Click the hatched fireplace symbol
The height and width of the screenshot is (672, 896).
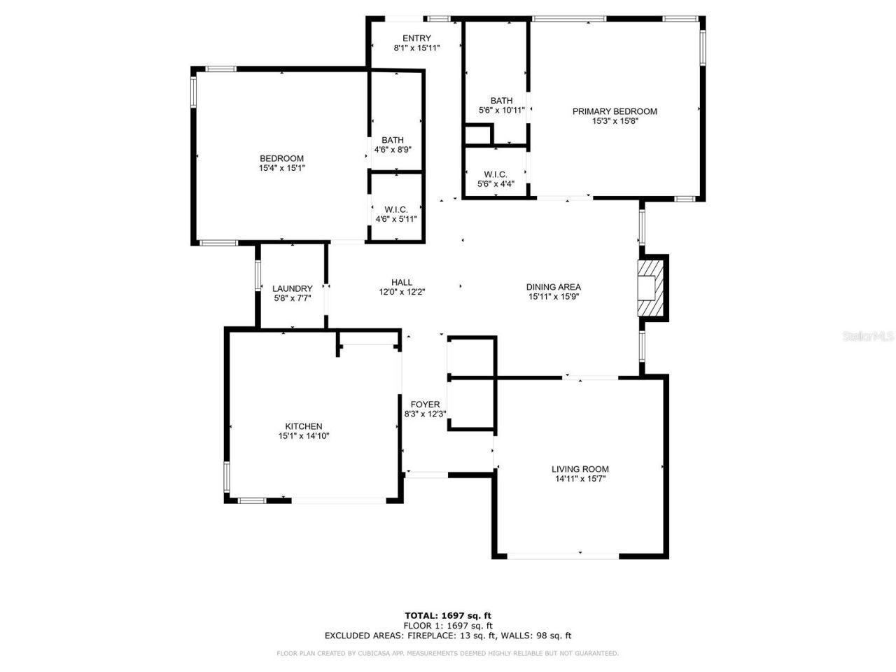pyautogui.click(x=650, y=288)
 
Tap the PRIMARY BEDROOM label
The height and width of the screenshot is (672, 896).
pyautogui.click(x=615, y=111)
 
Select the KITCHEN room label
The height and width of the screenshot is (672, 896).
pyautogui.click(x=303, y=426)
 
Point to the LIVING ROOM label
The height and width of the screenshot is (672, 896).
pyautogui.click(x=580, y=469)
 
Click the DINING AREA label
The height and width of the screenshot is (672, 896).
pyautogui.click(x=553, y=286)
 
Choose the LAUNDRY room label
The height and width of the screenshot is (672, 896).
pyautogui.click(x=292, y=288)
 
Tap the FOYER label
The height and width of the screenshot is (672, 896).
pyautogui.click(x=425, y=405)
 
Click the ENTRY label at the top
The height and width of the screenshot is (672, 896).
pyautogui.click(x=416, y=38)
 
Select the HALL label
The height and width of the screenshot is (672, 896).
pyautogui.click(x=402, y=282)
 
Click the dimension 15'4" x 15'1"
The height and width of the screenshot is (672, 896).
pyautogui.click(x=281, y=168)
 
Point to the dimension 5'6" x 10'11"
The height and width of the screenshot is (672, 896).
pyautogui.click(x=501, y=110)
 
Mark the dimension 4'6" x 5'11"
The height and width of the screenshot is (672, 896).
pyautogui.click(x=396, y=219)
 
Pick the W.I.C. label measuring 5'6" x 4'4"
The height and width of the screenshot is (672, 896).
pyautogui.click(x=496, y=174)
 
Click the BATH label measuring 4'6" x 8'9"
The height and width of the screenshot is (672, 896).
pyautogui.click(x=393, y=140)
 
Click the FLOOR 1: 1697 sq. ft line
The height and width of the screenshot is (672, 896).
pyautogui.click(x=448, y=626)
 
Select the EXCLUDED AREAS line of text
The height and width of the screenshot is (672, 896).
pyautogui.click(x=448, y=636)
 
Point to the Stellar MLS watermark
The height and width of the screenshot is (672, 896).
pyautogui.click(x=868, y=337)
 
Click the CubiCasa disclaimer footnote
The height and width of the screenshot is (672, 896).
pyautogui.click(x=448, y=653)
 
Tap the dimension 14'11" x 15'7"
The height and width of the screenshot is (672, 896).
pyautogui.click(x=580, y=479)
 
